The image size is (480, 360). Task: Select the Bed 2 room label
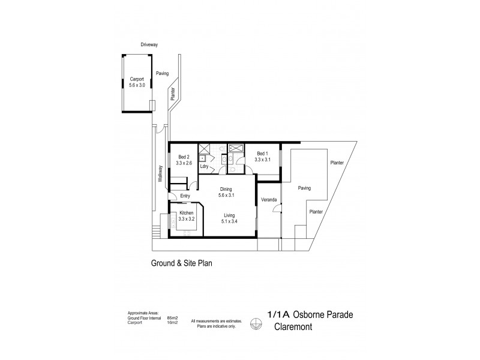point(184,159)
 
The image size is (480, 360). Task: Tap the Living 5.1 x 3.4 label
point(229,218)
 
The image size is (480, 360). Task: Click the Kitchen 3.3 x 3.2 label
point(187,216)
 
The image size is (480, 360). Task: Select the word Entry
point(185,196)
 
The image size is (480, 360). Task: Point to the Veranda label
point(268,199)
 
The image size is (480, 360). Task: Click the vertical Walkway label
point(160,174)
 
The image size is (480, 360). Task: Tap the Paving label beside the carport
point(162,73)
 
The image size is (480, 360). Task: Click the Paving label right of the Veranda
point(304,188)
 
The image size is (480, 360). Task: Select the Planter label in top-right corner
point(337,163)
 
